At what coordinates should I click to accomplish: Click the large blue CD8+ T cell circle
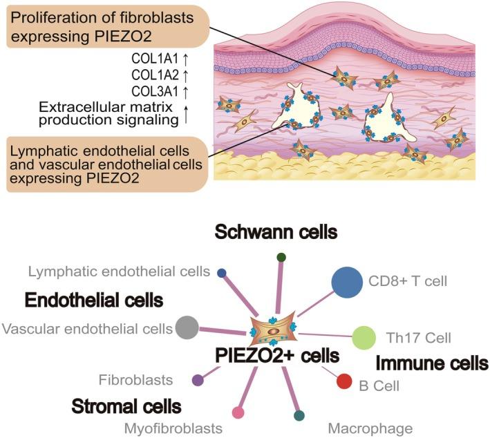click(347, 282)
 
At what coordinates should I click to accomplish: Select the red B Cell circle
click(344, 381)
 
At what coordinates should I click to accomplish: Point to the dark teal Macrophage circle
click(299, 415)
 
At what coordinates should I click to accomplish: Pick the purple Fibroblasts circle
click(198, 379)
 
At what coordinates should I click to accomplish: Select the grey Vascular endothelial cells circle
click(187, 327)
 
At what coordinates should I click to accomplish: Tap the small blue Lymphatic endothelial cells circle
click(221, 273)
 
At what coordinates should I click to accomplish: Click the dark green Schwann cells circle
click(281, 258)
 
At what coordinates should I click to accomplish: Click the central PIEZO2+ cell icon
click(275, 329)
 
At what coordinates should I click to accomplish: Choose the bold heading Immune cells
click(431, 363)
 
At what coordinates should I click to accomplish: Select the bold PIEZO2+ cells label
click(276, 356)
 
